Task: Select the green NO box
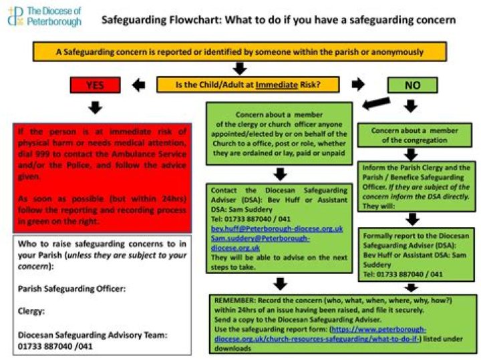pos(412,85)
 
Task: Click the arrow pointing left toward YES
pos(139,85)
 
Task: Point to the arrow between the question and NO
pos(358,85)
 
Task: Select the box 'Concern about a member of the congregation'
pos(416,135)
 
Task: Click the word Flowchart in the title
pos(184,20)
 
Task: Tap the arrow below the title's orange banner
pos(239,67)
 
